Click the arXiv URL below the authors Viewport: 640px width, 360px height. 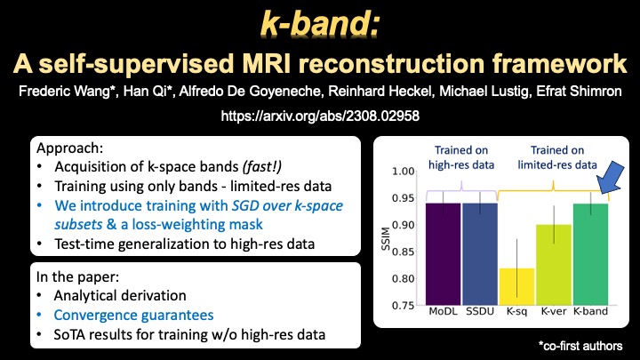(320, 115)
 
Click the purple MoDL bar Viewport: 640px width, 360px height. (442, 254)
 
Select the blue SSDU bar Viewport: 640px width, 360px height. (480, 254)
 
